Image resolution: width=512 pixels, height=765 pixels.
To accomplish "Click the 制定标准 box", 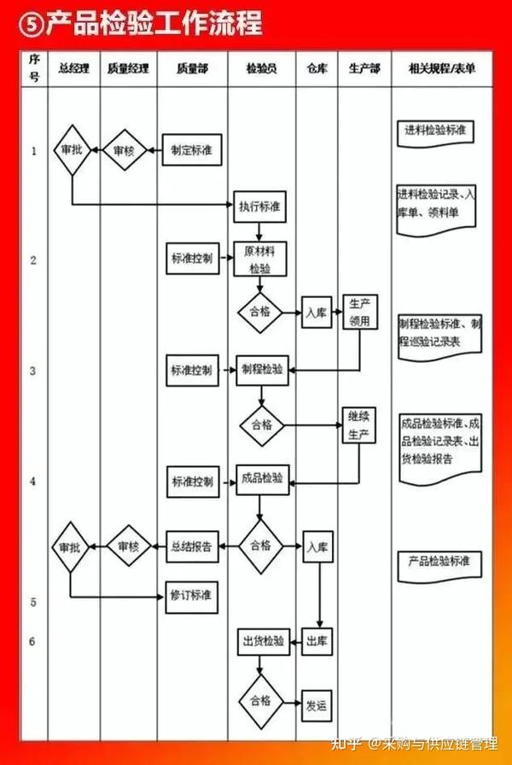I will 192,150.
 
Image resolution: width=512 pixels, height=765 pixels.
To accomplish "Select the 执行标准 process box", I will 261,207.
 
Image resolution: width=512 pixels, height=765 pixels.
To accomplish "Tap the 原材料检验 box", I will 260,260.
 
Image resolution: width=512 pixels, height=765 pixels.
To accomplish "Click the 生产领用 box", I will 359,312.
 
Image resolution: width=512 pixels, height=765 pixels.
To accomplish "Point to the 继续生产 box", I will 358,425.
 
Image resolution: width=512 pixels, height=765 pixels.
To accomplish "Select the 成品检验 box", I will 262,478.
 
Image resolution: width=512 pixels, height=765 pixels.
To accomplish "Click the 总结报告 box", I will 193,546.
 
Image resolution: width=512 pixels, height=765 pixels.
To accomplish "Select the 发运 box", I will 317,705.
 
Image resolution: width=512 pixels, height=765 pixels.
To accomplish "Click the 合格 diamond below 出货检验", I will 260,700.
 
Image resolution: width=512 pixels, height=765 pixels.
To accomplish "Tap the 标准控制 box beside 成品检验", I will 192,481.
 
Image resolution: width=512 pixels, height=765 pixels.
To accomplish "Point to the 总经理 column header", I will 74,67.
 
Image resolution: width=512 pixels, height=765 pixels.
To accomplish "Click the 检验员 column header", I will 261,67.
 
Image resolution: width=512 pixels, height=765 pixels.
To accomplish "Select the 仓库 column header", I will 317,67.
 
